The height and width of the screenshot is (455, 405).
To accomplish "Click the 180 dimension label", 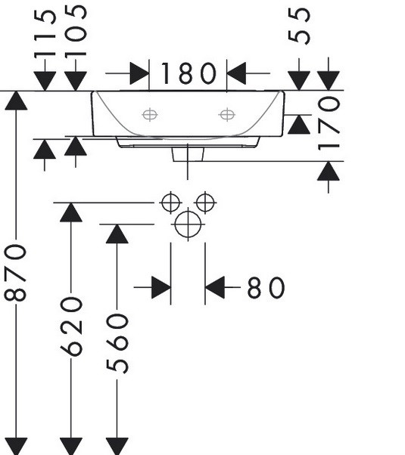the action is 188,73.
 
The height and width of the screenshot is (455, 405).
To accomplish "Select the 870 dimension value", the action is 15,273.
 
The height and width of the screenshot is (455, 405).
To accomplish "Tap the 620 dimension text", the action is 71,327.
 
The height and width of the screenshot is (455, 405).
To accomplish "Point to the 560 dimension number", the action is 117,343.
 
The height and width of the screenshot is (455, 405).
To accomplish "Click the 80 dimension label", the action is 266,287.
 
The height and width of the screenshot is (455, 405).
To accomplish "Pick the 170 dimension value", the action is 329,124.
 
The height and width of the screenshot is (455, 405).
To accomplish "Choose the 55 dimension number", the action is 299,26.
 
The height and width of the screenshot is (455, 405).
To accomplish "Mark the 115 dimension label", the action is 45,34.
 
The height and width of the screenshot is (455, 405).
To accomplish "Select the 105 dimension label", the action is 76,31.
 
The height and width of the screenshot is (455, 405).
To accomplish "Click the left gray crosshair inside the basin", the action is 150,115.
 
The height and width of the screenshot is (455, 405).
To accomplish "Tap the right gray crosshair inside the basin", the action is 227,115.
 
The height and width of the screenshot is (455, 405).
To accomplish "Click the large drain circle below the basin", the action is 188,224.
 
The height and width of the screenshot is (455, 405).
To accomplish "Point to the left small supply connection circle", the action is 170,203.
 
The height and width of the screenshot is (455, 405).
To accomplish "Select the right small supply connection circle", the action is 205,203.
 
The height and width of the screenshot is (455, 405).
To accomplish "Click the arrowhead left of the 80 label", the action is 161,287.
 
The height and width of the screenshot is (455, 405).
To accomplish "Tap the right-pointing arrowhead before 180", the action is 139,73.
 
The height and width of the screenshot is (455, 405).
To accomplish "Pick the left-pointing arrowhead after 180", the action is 236,73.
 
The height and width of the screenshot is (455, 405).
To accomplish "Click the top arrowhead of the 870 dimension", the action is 16,101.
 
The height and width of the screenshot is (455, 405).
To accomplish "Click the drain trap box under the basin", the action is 188,154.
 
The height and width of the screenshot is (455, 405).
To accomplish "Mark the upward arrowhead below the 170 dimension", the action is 329,172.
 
